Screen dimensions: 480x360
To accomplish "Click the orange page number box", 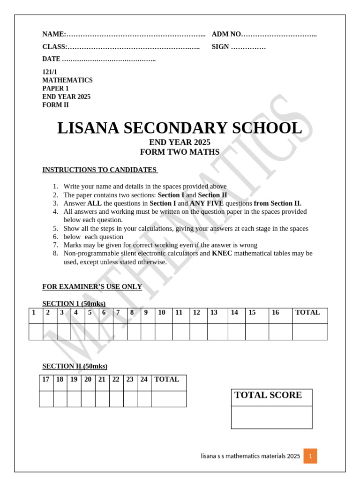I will coord(310,456).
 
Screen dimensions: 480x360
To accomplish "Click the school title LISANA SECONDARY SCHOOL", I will coord(180,128).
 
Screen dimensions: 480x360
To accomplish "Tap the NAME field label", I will coord(54,34).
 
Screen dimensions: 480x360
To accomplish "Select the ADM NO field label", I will coord(226,34).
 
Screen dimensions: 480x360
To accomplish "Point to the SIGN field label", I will coord(220,47).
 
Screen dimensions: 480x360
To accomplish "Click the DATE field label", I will coord(51,59).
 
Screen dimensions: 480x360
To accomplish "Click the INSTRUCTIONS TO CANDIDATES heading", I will coord(100,170).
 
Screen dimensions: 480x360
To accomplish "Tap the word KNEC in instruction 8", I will coord(222,253).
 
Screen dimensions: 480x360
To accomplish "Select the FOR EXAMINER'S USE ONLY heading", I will coord(92,286).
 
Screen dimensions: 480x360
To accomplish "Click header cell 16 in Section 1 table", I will coord(275,313).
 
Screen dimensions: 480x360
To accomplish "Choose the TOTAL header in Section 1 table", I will coord(307,313).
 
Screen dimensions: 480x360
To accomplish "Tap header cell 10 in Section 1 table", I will coord(162,313).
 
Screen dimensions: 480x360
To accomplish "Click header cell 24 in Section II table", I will coord(144,380).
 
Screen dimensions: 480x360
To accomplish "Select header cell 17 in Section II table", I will coord(45,380).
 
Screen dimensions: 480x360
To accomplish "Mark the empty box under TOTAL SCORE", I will coord(271,417).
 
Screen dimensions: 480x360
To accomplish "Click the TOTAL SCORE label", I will coord(268,395).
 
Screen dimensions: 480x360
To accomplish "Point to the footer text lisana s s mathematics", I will coord(250,456).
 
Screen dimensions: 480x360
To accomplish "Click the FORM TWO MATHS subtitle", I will coord(180,152).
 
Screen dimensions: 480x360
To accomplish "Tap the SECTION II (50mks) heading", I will coord(75,366).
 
